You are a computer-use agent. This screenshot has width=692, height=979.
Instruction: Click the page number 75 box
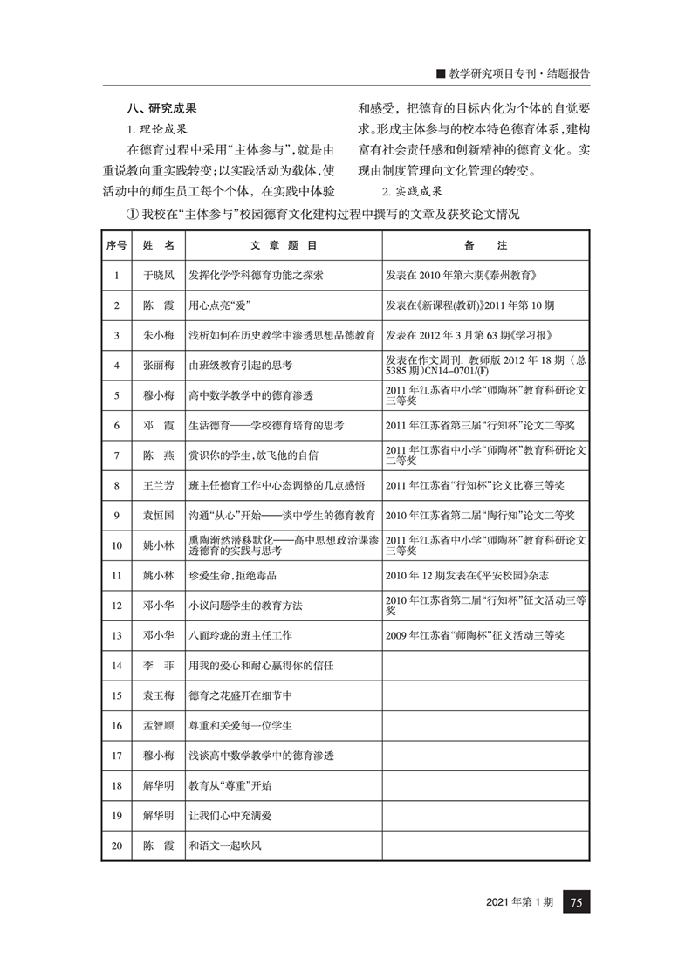[x=577, y=902]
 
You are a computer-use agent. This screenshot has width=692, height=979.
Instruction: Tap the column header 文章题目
[x=283, y=246]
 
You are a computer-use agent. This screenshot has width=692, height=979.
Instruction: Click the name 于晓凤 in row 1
[x=158, y=276]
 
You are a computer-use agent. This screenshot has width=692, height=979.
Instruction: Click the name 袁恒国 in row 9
[x=158, y=515]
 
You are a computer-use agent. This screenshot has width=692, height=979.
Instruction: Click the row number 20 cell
[x=116, y=845]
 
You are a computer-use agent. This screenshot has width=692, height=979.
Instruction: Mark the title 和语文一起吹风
[x=226, y=845]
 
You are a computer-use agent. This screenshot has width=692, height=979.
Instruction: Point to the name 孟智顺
[x=158, y=725]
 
